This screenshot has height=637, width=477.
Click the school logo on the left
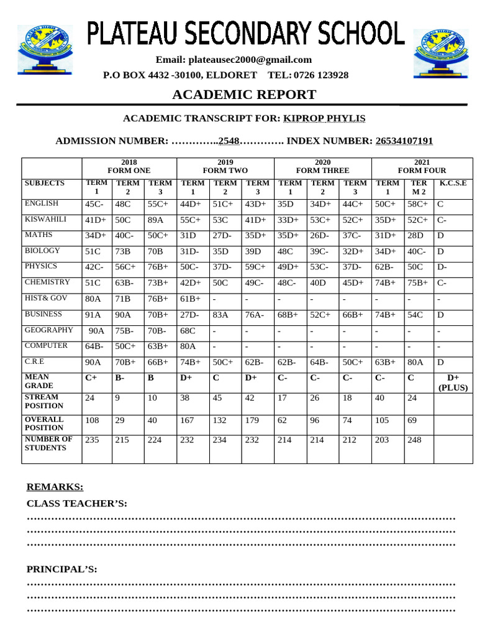click(45, 51)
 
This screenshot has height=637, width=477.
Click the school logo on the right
click(442, 52)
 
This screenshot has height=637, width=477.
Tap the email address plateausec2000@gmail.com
click(234, 60)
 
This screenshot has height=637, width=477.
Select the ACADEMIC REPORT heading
click(244, 95)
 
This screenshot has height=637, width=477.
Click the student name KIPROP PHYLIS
click(324, 118)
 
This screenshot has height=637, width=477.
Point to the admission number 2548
click(229, 141)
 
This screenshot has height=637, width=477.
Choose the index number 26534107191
click(404, 141)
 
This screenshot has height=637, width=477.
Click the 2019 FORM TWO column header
click(225, 166)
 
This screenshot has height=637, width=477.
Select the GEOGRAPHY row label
click(48, 330)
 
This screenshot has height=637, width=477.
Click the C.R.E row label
click(34, 361)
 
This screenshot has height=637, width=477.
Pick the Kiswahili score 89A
click(155, 220)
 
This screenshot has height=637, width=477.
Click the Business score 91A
click(93, 315)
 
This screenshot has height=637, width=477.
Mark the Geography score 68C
click(188, 330)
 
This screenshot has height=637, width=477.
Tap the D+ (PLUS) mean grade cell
click(453, 382)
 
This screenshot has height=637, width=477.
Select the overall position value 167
click(188, 420)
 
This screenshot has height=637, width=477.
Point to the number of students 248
click(414, 439)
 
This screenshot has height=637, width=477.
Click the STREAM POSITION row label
click(42, 401)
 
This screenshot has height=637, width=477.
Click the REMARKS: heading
click(55, 486)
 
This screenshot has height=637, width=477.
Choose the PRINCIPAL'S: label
click(61, 569)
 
